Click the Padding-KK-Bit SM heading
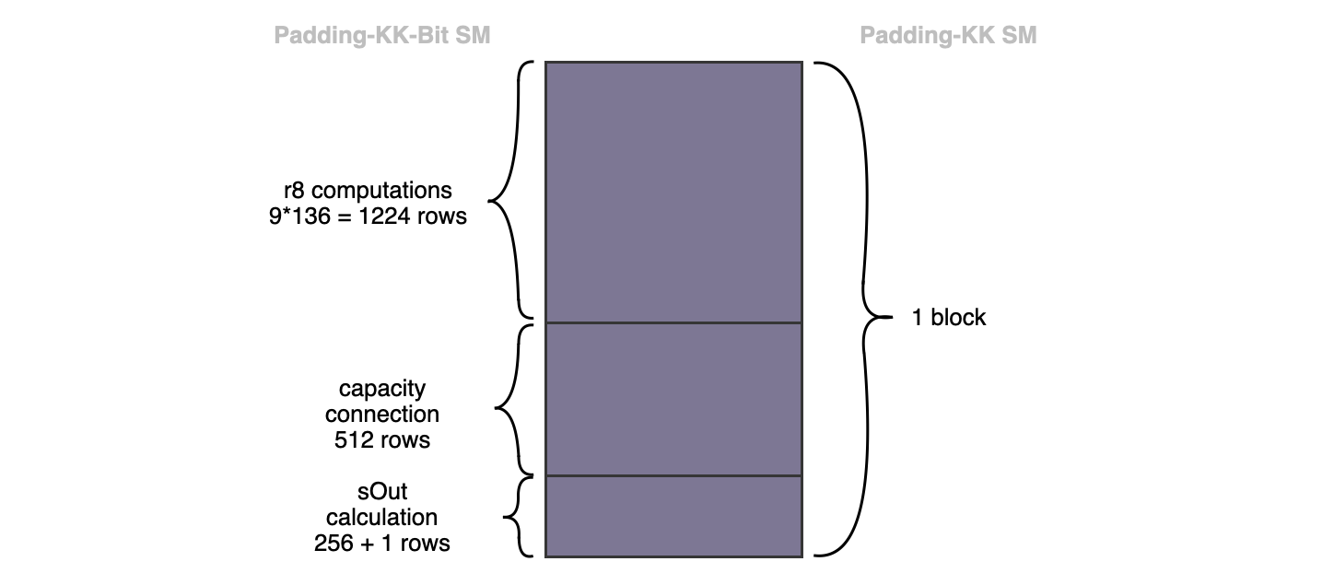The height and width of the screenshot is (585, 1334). tap(382, 36)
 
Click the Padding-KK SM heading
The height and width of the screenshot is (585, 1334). tap(948, 36)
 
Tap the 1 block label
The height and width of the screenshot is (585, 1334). tap(949, 318)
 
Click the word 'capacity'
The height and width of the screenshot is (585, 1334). tap(381, 388)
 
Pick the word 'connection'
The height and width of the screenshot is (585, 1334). tap(381, 414)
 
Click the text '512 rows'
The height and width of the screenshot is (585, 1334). tap(381, 439)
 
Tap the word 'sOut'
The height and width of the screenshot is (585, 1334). tap(381, 492)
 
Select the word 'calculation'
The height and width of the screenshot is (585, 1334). tap(381, 518)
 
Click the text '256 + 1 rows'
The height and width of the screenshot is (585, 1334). tap(381, 544)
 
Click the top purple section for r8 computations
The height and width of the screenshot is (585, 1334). tap(673, 192)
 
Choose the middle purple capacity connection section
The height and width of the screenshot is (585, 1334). tap(673, 399)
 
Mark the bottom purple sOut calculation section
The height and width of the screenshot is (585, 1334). tap(673, 516)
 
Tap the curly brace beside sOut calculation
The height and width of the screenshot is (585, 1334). tap(518, 516)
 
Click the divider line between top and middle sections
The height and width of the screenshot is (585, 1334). tap(673, 322)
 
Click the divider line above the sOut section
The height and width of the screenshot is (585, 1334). tap(673, 475)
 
